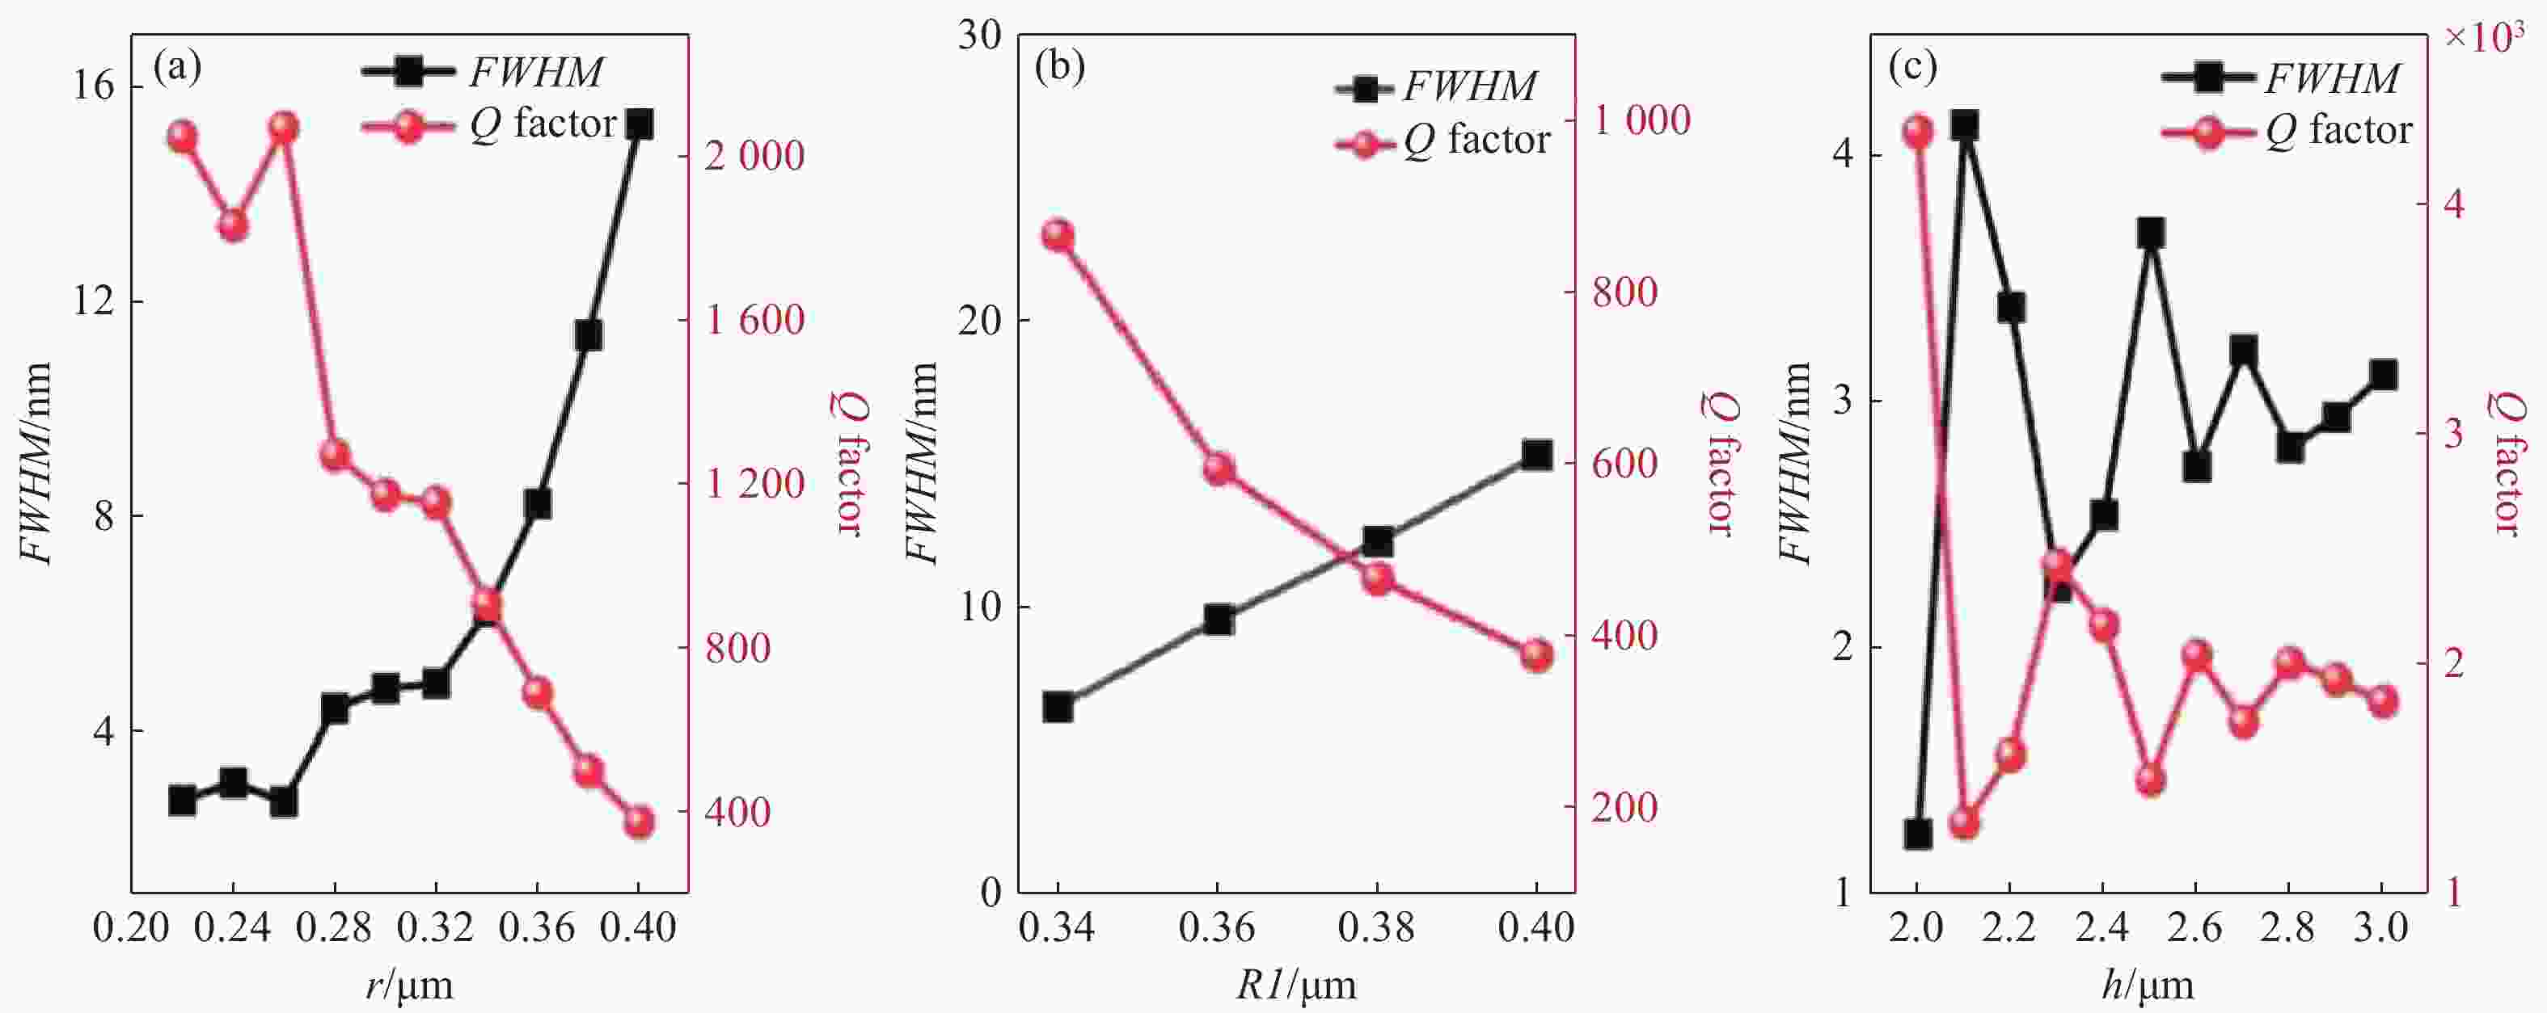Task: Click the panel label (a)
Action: [178, 67]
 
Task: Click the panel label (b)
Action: [1059, 67]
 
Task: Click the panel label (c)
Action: [1912, 67]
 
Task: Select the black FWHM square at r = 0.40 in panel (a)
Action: [639, 124]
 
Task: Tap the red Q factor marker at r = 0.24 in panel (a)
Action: [234, 225]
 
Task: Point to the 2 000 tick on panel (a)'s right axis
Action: [754, 155]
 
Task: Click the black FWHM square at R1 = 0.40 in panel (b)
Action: [1535, 455]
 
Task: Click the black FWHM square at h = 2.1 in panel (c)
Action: [1965, 125]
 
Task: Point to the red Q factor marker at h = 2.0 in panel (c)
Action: [1918, 132]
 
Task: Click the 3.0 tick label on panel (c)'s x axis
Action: [2382, 927]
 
